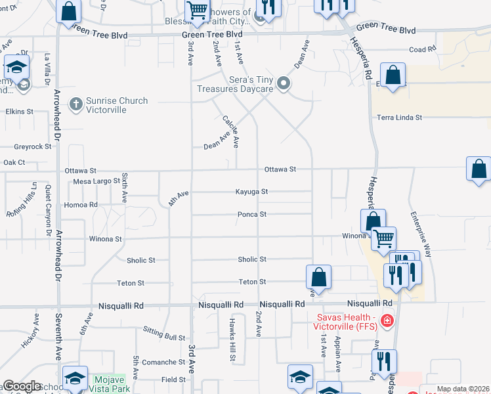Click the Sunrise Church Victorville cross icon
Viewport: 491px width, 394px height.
point(77,104)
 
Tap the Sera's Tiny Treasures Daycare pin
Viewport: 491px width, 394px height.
point(284,83)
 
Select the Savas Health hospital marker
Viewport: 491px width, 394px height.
point(387,320)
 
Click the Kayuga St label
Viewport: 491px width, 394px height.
point(252,192)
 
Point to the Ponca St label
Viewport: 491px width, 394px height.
point(251,214)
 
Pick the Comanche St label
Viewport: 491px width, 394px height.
point(164,362)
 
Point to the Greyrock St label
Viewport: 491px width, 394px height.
point(32,146)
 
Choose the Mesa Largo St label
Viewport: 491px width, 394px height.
point(96,181)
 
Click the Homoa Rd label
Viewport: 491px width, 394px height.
point(80,205)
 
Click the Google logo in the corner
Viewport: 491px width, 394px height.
point(22,387)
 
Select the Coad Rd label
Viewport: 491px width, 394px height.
point(422,49)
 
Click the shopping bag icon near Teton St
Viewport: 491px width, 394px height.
point(318,276)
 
